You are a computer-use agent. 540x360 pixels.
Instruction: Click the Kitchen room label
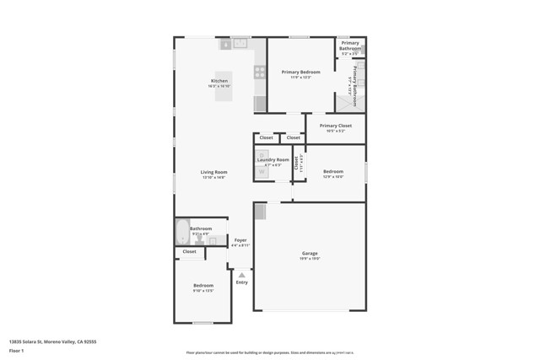[x=219, y=82]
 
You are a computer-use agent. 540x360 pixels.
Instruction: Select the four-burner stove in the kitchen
[x=260, y=73]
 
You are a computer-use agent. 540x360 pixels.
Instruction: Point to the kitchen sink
[x=240, y=43]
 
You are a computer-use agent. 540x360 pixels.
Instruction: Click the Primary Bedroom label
[x=300, y=73]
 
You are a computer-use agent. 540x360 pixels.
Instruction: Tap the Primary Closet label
[x=335, y=126]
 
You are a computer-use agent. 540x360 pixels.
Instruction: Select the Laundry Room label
[x=273, y=159]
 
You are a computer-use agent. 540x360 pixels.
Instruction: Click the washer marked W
[x=262, y=171]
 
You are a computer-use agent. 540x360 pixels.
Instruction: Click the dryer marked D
[x=262, y=155]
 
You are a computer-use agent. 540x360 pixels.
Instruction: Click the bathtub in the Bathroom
[x=182, y=231]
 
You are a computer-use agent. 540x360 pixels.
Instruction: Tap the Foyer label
[x=240, y=240]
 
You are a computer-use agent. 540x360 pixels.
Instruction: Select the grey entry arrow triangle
[x=242, y=275]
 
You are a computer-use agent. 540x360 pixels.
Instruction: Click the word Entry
[x=242, y=282]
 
